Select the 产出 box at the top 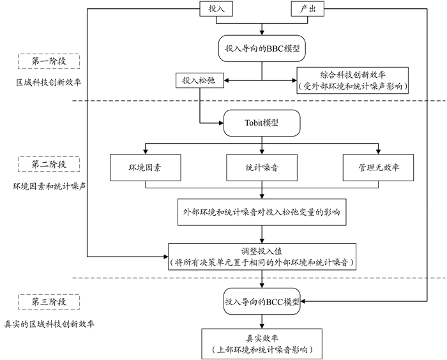[304, 10]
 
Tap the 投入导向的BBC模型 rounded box [261, 49]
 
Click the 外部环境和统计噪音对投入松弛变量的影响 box [261, 212]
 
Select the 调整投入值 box [261, 256]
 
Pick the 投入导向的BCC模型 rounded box [261, 300]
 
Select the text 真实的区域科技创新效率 [50, 324]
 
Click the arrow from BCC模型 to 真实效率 [261, 321]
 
